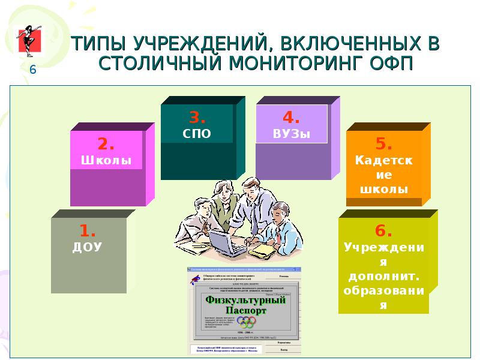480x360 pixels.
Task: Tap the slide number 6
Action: pyautogui.click(x=33, y=70)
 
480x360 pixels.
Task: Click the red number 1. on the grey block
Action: pyautogui.click(x=88, y=230)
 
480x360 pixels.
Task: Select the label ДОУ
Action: pyautogui.click(x=88, y=246)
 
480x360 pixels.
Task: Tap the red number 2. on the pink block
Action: pyautogui.click(x=107, y=145)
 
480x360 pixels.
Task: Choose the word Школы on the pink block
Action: pyautogui.click(x=106, y=161)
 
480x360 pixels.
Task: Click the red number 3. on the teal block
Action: pyautogui.click(x=197, y=117)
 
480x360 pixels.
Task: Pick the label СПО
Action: pyautogui.click(x=197, y=133)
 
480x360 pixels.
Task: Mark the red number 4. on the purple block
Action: pyautogui.click(x=292, y=117)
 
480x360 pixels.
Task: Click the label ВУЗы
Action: pyautogui.click(x=292, y=134)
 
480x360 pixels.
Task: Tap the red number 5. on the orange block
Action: pyautogui.click(x=384, y=144)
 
